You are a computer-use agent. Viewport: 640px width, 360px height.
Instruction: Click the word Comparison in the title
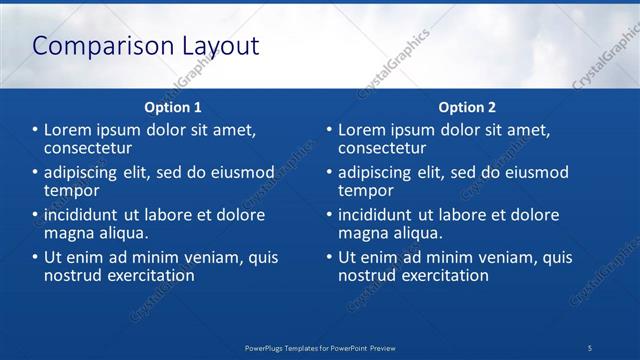coord(91,46)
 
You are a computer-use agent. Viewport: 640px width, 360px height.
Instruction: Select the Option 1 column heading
coord(173,107)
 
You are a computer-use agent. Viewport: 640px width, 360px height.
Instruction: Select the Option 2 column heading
coord(467,107)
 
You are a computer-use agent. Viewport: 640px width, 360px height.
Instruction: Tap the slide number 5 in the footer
coord(590,347)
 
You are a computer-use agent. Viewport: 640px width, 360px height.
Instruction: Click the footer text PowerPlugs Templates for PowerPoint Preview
coord(320,347)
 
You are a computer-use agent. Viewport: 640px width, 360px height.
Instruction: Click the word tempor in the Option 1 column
coord(72,190)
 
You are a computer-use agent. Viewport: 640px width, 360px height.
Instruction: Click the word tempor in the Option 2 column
coord(366,190)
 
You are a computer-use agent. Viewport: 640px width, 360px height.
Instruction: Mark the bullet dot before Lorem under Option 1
coord(35,130)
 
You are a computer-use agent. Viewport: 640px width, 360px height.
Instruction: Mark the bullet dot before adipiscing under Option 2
coord(329,172)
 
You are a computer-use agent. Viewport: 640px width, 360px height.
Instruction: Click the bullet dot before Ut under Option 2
coord(329,257)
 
